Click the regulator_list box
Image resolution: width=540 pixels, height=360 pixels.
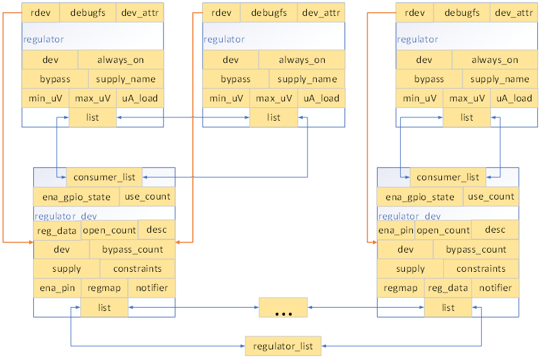284,345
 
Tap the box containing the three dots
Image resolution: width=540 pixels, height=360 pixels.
284,308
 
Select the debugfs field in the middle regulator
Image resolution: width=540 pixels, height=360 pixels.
268,13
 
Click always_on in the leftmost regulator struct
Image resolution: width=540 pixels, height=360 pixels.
121,60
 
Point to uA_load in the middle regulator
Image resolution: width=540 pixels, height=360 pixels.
321,98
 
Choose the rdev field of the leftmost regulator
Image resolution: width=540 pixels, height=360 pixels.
40,13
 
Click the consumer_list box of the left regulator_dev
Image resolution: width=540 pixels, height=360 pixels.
104,177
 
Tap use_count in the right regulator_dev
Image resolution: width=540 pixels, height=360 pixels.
491,196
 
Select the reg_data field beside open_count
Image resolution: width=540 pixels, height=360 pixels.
56,230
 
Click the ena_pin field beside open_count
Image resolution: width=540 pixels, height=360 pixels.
396,230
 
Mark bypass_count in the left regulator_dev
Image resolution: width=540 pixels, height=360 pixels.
133,249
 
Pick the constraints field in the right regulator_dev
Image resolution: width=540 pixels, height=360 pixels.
481,269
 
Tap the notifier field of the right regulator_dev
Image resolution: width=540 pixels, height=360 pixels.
496,288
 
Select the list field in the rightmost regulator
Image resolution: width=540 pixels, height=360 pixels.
467,117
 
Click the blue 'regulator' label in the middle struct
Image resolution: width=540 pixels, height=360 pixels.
224,39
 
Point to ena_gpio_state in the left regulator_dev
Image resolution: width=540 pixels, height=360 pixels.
76,197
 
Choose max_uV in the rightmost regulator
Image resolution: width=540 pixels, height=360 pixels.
467,98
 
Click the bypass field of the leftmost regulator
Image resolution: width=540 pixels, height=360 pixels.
55,79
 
